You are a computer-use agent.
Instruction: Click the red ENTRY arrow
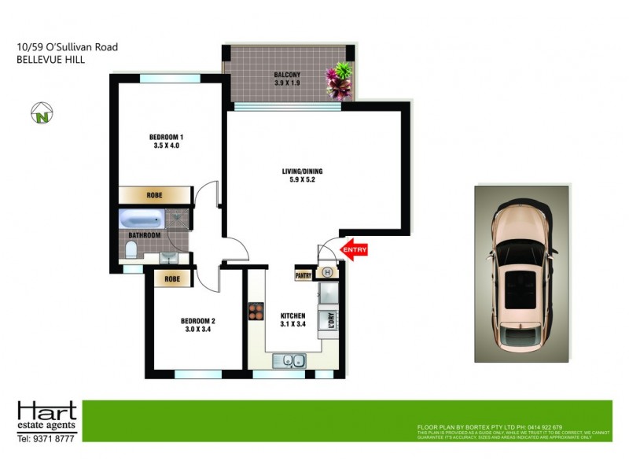[x=353, y=250]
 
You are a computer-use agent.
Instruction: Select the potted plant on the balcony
[x=341, y=80]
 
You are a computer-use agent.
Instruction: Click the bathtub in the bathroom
[x=142, y=219]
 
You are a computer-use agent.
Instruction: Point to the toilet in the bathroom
[x=131, y=252]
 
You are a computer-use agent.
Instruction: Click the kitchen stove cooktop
[x=256, y=312]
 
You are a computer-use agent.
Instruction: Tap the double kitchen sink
[x=289, y=361]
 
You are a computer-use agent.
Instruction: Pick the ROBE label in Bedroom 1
[x=155, y=195]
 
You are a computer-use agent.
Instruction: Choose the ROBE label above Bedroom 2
[x=173, y=278]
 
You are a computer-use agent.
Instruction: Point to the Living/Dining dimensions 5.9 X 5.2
[x=303, y=180]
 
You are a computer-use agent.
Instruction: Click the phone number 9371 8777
[x=56, y=438]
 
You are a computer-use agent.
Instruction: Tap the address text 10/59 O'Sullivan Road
[x=68, y=47]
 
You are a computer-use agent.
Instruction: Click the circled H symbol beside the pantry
[x=327, y=273]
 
